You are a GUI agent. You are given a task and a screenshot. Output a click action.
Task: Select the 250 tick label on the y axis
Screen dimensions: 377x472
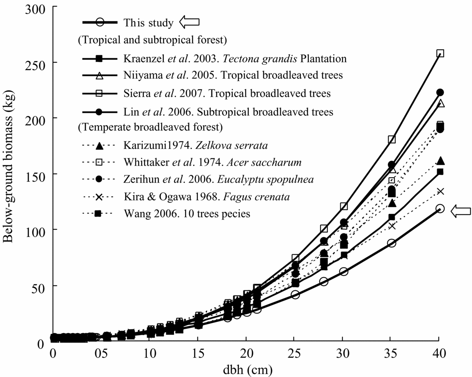pyautogui.click(x=34, y=63)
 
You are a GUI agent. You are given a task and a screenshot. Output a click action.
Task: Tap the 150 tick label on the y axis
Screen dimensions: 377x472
pyautogui.click(x=34, y=174)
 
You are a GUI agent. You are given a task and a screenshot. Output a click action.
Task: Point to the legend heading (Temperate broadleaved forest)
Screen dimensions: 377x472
pyautogui.click(x=150, y=128)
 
